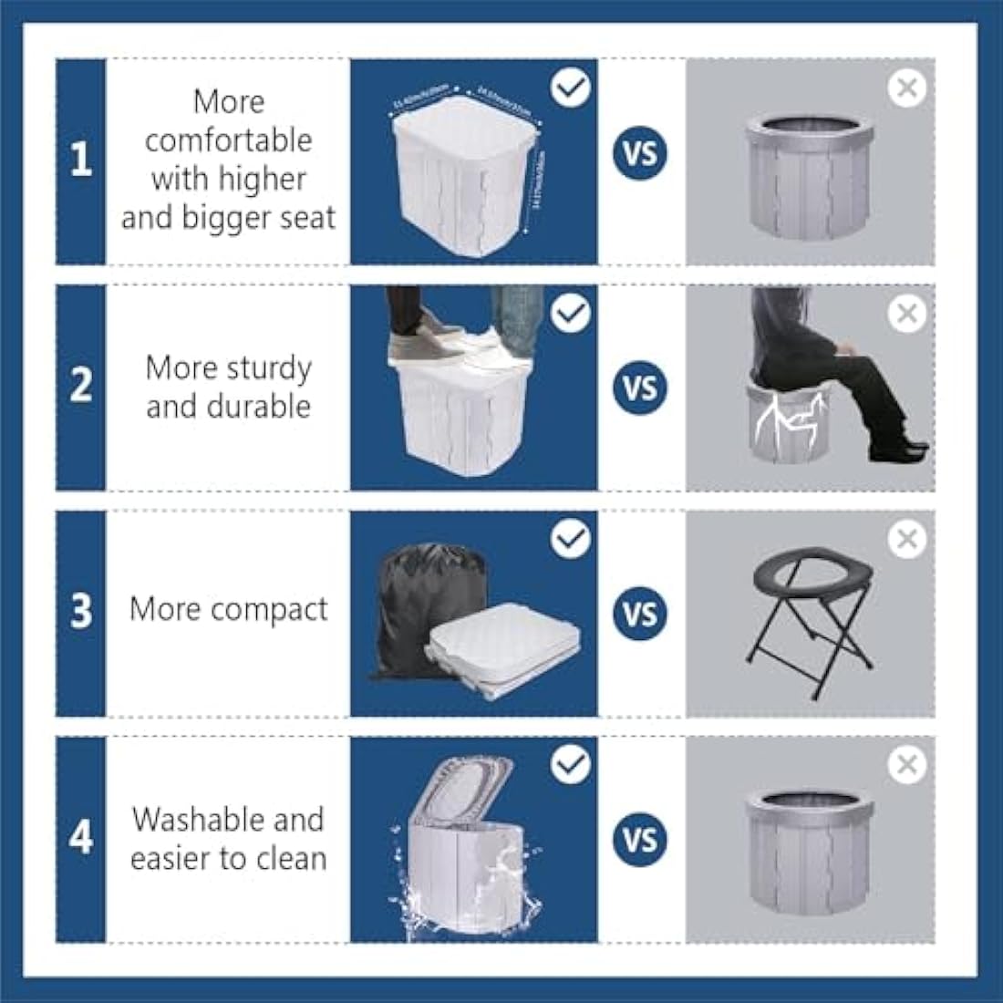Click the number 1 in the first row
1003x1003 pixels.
(81, 160)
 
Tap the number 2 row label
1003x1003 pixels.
(81, 385)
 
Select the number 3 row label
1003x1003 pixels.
(81, 610)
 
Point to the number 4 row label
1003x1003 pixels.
(81, 835)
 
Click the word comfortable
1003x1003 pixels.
(228, 140)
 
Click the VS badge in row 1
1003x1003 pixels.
(640, 152)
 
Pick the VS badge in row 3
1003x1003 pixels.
(640, 613)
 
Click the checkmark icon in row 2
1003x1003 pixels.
(572, 314)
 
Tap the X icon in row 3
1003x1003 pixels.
(906, 539)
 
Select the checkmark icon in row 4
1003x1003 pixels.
(572, 764)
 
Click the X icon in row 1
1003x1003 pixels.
(906, 88)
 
